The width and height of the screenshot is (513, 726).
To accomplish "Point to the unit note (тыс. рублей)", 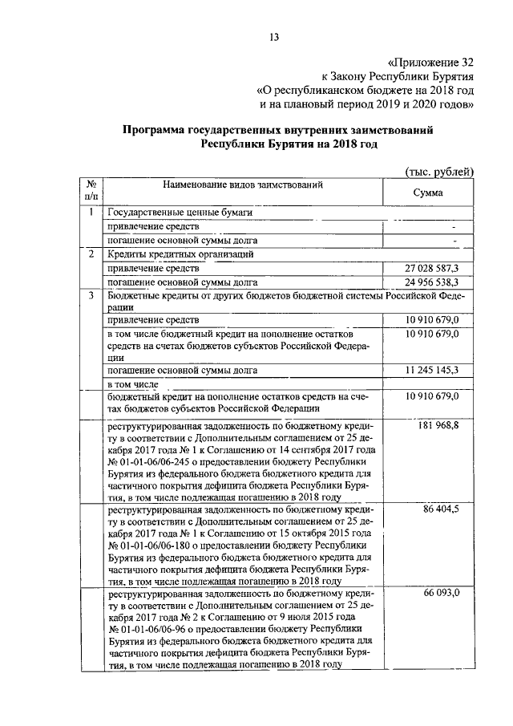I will [438, 171].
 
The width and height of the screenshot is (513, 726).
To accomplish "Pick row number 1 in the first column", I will [92, 213].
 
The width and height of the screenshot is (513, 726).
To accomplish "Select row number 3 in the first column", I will [92, 296].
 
